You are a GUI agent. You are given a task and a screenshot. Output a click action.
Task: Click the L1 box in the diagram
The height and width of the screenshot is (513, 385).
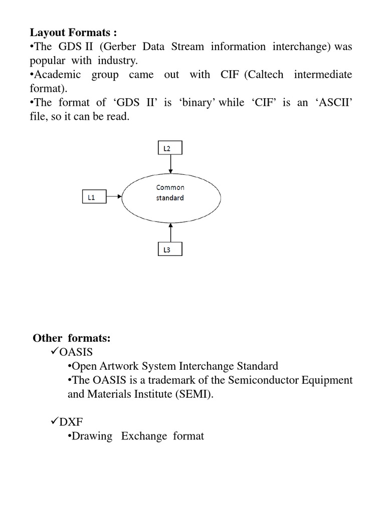tap(94, 197)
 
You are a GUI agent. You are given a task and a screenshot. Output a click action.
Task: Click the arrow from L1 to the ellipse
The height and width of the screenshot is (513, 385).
tap(114, 197)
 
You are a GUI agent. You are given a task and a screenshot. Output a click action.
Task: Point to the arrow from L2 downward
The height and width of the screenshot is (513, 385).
tap(171, 164)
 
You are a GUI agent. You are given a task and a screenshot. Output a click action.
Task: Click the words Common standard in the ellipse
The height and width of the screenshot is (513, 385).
tap(170, 192)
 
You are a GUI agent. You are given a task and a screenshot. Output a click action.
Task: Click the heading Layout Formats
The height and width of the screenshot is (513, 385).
tap(73, 33)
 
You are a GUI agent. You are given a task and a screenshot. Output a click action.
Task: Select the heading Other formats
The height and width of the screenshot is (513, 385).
tap(72, 338)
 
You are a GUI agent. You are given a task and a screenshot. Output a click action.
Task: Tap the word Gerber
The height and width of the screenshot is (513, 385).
tap(123, 47)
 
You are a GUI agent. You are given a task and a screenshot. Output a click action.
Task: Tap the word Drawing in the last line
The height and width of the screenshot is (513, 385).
tap(92, 436)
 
